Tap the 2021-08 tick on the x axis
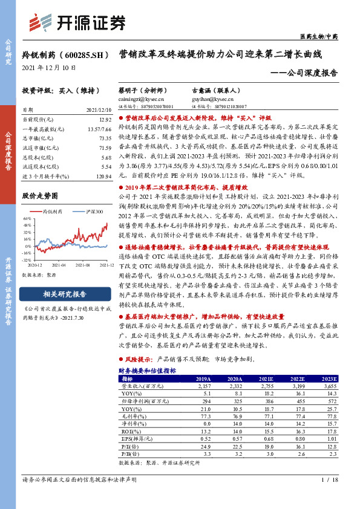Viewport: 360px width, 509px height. [x=82, y=264]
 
